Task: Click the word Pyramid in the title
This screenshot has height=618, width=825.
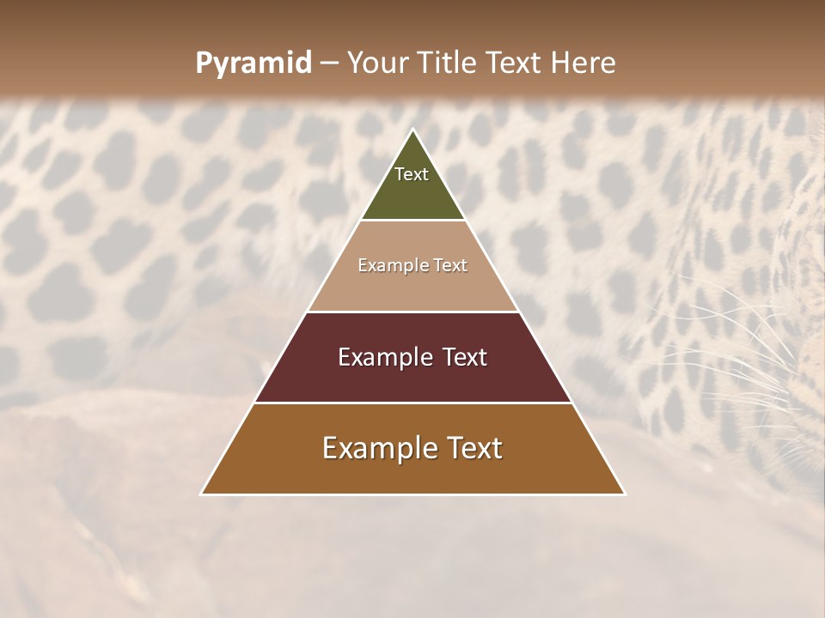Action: [253, 64]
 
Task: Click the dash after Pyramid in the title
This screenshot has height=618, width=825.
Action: [328, 64]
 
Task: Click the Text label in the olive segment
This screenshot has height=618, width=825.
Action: [412, 174]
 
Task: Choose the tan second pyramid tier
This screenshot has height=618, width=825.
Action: [412, 288]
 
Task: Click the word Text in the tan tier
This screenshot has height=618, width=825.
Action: [451, 266]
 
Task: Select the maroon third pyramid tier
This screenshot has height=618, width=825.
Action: [412, 378]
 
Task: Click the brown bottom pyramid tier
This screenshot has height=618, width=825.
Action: [412, 472]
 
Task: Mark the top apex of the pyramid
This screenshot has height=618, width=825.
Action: [412, 130]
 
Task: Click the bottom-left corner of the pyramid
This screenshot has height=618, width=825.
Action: [201, 494]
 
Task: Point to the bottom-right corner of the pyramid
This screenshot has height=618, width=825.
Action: [625, 494]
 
